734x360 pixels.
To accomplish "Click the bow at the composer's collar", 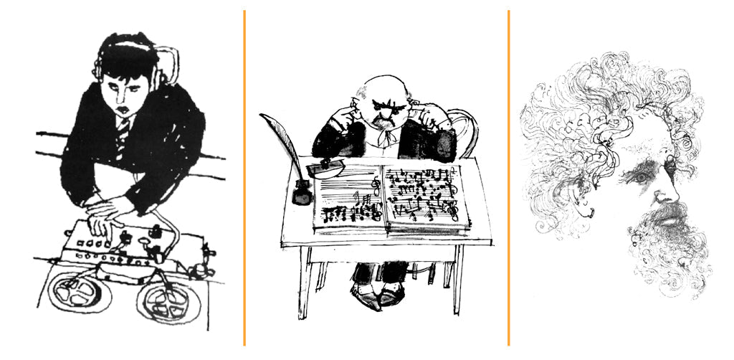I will pos(388,135).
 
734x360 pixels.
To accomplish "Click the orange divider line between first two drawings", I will pos(244,179).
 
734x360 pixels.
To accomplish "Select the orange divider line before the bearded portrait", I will pos(508,179).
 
